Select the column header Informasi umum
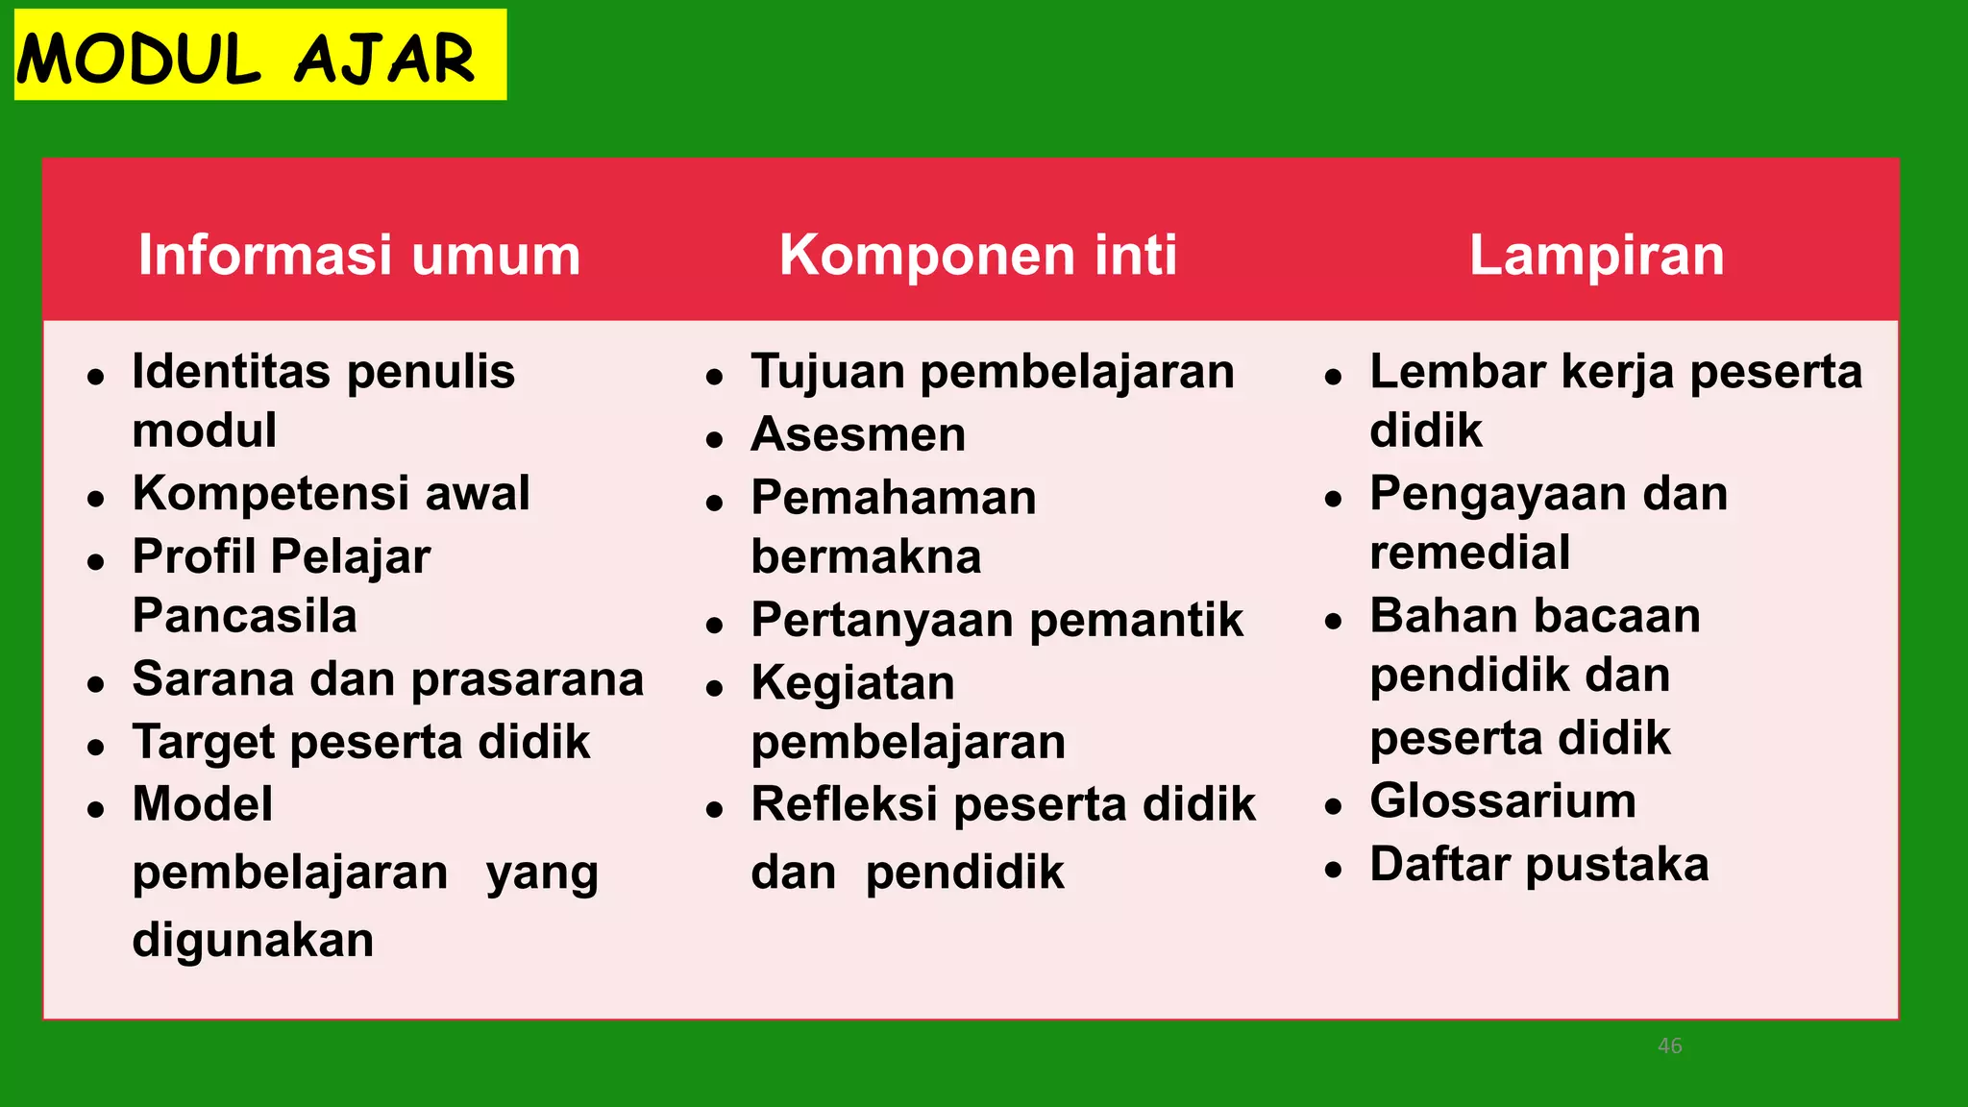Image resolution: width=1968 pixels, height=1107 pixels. [359, 255]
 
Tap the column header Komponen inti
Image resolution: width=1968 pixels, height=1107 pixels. [978, 255]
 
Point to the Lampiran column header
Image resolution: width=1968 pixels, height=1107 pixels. [1596, 255]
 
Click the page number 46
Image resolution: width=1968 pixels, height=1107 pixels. [1669, 1045]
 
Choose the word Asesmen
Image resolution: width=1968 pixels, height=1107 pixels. [858, 434]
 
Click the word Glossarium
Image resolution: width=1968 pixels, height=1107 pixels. [1502, 801]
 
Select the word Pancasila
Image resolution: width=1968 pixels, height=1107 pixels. [244, 616]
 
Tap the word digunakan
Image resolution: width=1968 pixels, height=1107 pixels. [253, 940]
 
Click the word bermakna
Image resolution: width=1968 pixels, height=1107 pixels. [866, 557]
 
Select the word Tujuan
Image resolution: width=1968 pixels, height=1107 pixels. [827, 373]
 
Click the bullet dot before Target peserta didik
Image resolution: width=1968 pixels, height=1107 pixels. [95, 747]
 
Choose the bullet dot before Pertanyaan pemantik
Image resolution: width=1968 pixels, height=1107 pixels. [714, 626]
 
